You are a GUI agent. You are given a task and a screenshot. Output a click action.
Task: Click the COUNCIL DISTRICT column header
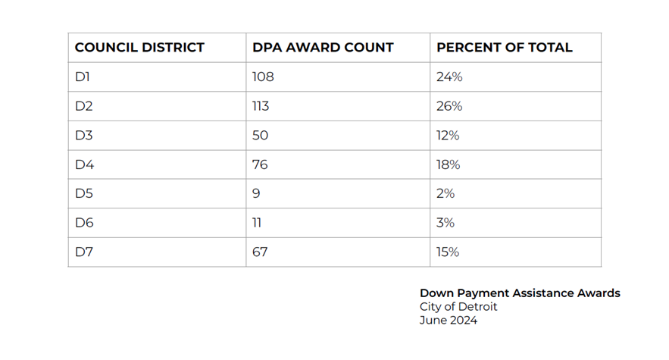(x=139, y=48)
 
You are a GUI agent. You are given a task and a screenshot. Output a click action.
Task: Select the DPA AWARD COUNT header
(x=323, y=48)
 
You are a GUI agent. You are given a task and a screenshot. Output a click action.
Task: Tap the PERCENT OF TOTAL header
(x=504, y=48)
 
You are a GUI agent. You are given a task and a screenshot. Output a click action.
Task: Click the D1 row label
(x=83, y=77)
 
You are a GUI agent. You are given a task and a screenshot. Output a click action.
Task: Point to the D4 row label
(x=84, y=164)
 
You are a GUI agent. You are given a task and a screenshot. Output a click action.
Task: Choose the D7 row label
(x=84, y=252)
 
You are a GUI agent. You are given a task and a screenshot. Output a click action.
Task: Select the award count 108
(x=263, y=77)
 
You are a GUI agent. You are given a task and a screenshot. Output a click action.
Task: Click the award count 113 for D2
(x=261, y=106)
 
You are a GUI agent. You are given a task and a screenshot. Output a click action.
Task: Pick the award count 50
(x=260, y=136)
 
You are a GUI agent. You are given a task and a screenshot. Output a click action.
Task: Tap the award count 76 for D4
(x=260, y=164)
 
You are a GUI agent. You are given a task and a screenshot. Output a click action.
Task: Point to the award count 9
(x=256, y=194)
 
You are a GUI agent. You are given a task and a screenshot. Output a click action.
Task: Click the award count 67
(x=260, y=252)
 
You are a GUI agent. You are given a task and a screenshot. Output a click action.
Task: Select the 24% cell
(x=449, y=77)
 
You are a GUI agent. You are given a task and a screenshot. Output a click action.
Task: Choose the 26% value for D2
(x=449, y=106)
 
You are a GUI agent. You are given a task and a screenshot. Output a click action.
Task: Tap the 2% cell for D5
(x=445, y=194)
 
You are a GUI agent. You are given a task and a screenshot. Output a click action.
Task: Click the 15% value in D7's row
(x=448, y=252)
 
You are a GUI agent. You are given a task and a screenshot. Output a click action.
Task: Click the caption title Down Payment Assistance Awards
(x=520, y=293)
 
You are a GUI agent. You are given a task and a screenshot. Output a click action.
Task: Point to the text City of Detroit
(x=458, y=307)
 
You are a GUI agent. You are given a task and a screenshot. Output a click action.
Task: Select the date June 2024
(x=449, y=320)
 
